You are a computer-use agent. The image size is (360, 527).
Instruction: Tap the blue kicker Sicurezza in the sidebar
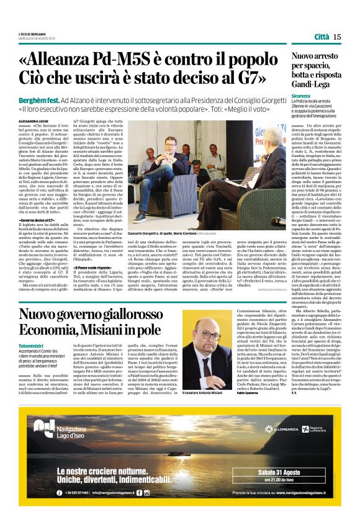click(x=301, y=96)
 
